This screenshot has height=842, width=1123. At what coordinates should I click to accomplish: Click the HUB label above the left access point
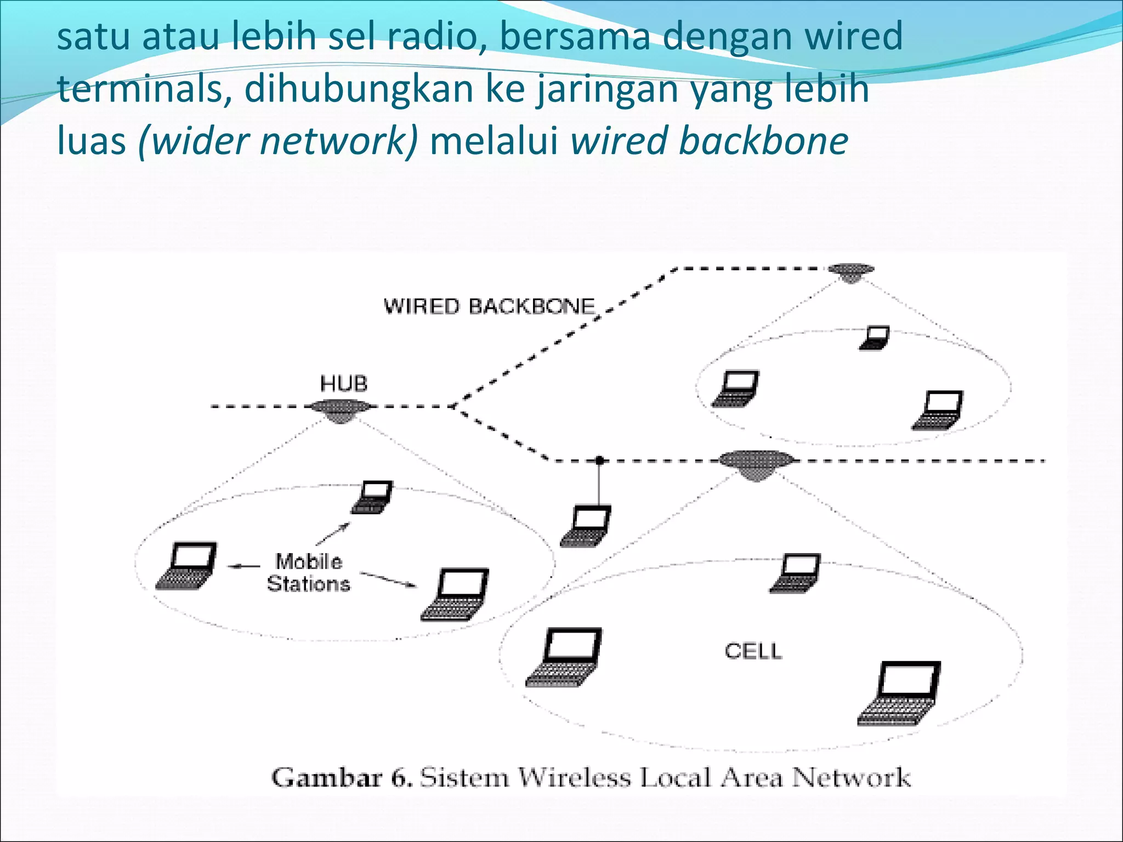(x=343, y=384)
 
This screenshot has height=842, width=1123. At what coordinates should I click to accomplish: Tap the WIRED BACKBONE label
(x=489, y=306)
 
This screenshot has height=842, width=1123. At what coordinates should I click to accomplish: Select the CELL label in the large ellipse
(x=753, y=651)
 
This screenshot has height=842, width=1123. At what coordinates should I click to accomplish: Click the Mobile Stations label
(x=309, y=573)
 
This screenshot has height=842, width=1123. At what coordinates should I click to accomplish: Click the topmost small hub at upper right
(x=850, y=271)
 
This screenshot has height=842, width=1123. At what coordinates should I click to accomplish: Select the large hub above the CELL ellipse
(x=756, y=464)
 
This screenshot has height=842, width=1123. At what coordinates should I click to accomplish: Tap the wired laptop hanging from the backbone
(x=586, y=526)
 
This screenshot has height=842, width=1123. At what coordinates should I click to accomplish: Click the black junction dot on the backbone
(x=600, y=460)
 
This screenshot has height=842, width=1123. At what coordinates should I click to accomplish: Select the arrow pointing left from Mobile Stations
(x=244, y=566)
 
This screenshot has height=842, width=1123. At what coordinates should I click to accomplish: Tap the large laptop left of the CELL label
(x=565, y=657)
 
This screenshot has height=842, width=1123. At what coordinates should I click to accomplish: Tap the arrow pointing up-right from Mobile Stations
(x=333, y=533)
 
